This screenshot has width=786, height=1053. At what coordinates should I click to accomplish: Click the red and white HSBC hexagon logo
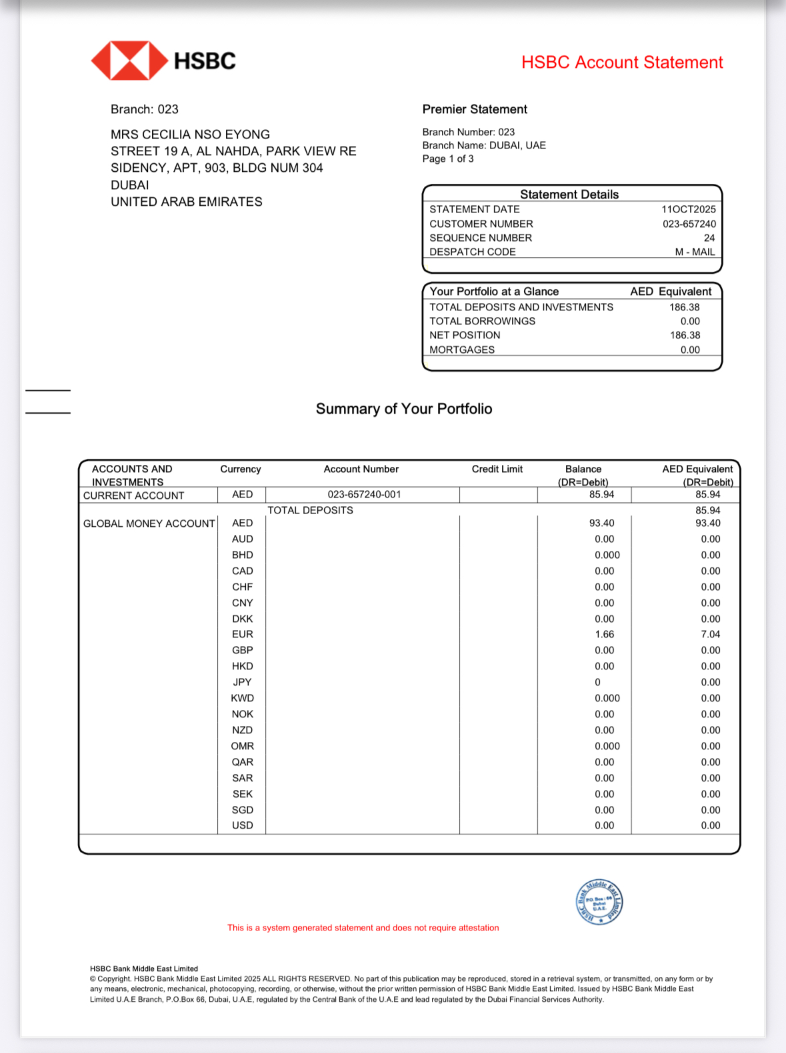tap(129, 61)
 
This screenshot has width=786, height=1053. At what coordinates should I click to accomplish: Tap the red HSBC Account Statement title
tap(621, 63)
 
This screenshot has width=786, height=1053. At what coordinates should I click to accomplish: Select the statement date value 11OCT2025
tap(688, 209)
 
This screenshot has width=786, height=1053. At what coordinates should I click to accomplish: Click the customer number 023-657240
tap(689, 224)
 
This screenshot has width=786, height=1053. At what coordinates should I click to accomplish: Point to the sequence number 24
tap(709, 238)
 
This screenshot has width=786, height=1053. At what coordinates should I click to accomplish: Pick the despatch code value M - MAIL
tap(695, 252)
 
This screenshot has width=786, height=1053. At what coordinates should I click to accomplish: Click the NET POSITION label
tap(465, 335)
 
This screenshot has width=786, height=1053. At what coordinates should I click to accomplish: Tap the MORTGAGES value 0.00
tap(690, 350)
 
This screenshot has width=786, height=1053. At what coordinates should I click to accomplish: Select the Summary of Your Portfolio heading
tap(404, 409)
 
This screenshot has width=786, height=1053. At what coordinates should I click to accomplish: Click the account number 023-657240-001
tap(364, 494)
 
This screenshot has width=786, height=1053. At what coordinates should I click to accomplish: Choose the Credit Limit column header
tap(497, 469)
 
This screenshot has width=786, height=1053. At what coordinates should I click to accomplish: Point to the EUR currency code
tap(243, 634)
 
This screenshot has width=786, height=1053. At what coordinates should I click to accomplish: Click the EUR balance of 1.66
tap(605, 634)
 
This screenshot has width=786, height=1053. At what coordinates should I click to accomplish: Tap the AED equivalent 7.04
tap(710, 634)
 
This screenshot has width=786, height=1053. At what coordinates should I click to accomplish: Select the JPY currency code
tap(243, 682)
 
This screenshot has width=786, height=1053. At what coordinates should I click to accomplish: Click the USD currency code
tap(243, 825)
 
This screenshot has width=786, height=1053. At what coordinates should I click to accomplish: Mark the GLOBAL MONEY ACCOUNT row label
tap(149, 524)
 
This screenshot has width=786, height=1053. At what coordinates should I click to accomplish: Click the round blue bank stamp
tap(599, 902)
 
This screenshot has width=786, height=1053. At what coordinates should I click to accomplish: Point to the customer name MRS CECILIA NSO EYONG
tap(190, 135)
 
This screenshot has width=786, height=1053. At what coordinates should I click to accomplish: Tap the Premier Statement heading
tap(475, 109)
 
